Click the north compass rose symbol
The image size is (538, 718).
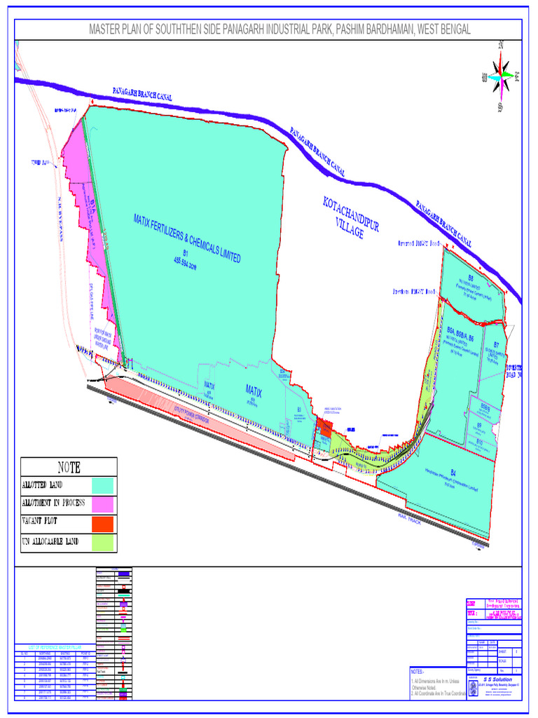tap(502, 76)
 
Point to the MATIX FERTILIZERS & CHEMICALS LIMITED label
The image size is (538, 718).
tap(187, 239)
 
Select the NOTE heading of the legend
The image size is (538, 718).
tap(69, 467)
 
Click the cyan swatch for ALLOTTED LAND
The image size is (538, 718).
tap(103, 485)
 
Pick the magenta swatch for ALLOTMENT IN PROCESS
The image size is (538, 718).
tap(103, 503)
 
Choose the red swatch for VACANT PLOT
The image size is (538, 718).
tap(103, 522)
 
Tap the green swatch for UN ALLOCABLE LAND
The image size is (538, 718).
tap(103, 541)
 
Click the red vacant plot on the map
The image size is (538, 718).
tap(324, 427)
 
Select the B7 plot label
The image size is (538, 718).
tap(496, 345)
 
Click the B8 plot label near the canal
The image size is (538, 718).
tap(471, 278)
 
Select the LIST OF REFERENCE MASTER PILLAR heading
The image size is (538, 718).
tap(48, 646)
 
